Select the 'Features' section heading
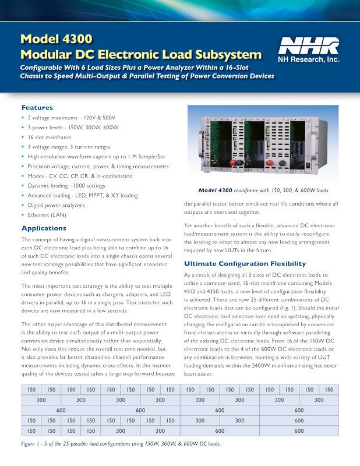[37, 108]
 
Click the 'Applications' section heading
[44, 228]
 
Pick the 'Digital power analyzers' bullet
[57, 205]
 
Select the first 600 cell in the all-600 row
[61, 410]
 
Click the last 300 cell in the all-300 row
[319, 400]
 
